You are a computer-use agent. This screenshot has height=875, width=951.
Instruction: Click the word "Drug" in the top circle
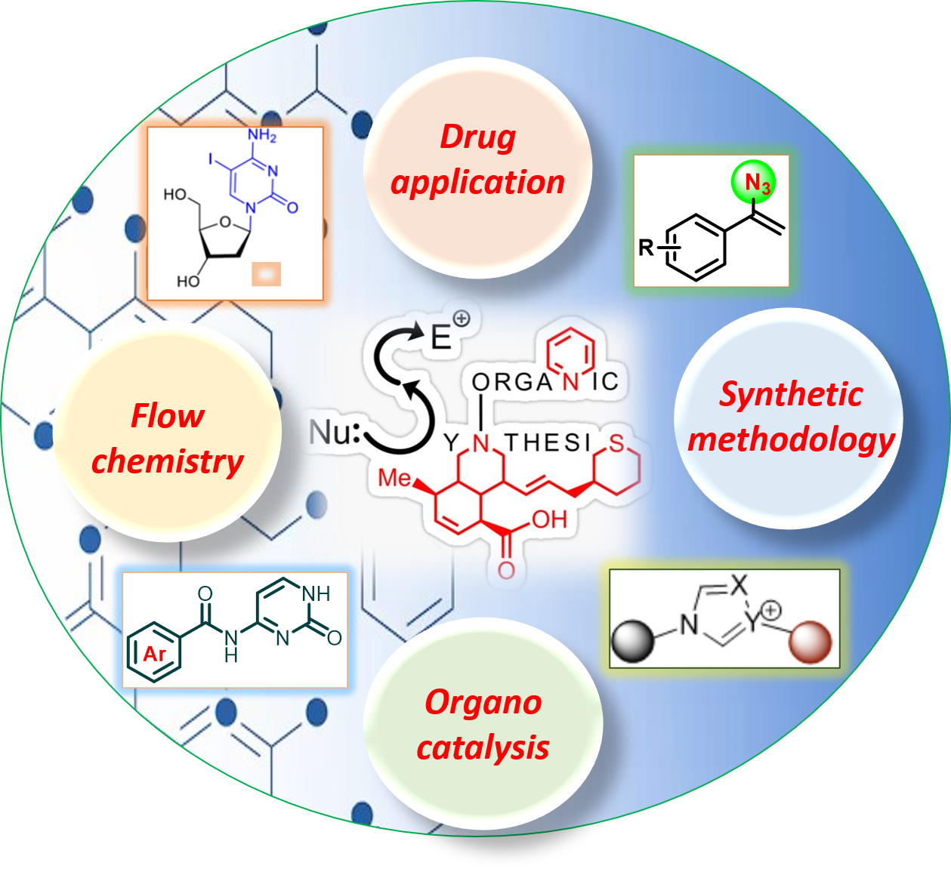click(477, 137)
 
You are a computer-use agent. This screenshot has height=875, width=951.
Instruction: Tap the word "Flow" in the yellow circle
click(167, 416)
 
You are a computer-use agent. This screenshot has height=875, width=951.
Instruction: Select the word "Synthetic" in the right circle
click(790, 394)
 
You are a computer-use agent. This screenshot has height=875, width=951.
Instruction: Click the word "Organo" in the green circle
click(483, 702)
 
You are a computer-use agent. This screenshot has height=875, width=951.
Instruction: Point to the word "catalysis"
click(483, 748)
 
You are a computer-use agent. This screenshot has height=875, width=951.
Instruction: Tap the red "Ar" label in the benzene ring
click(155, 653)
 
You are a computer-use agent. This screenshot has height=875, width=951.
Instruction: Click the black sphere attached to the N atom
click(632, 642)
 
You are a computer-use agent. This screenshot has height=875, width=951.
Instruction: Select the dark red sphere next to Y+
click(811, 642)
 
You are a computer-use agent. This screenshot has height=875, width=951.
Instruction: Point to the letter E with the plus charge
click(442, 337)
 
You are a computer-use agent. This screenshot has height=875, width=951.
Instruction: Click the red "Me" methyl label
click(394, 478)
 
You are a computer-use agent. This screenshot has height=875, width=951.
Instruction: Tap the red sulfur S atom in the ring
click(617, 445)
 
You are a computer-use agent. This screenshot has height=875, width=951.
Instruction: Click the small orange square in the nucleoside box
click(266, 274)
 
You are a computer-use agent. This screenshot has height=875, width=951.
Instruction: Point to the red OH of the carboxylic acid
click(549, 519)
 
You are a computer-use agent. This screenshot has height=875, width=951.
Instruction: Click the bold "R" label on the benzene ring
click(646, 247)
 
